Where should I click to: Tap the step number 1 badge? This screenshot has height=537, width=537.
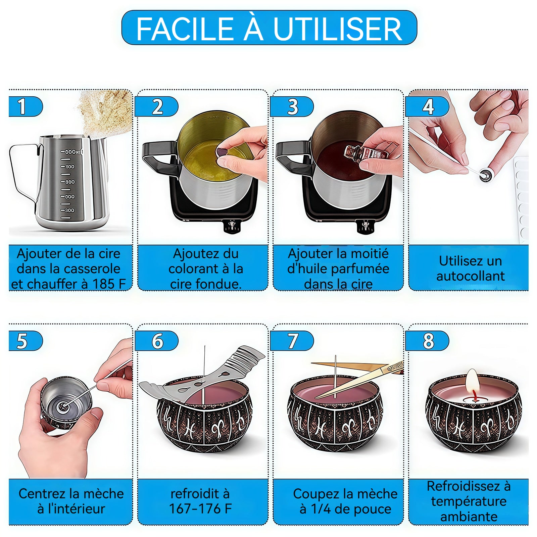(26, 107)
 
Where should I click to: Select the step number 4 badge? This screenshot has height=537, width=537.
(427, 107)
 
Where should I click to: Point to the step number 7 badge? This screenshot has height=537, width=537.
(292, 341)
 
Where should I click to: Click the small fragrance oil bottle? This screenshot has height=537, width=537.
(366, 154)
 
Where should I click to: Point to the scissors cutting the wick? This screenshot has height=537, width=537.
(359, 379)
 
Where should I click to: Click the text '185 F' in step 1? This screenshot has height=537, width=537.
(109, 284)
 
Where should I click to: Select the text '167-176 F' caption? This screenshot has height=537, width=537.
(200, 509)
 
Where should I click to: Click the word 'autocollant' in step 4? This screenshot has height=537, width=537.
(470, 276)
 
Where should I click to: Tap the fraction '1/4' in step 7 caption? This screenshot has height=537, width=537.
(321, 509)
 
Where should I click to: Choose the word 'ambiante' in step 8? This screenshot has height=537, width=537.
(469, 517)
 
